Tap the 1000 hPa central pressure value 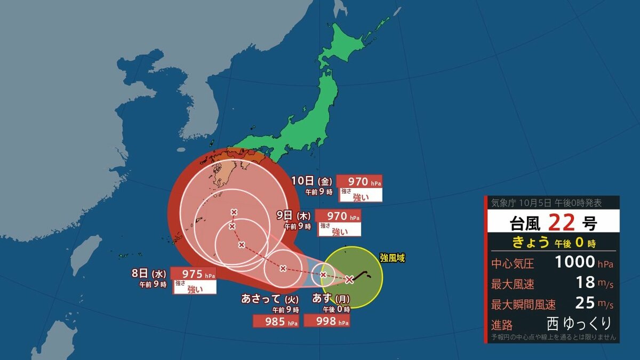tap(575, 262)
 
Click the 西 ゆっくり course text tap(579, 323)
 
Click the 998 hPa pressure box tap(326, 321)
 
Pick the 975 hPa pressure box tap(194, 274)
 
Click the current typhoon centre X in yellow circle tap(349, 279)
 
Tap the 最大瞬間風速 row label tap(524, 305)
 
